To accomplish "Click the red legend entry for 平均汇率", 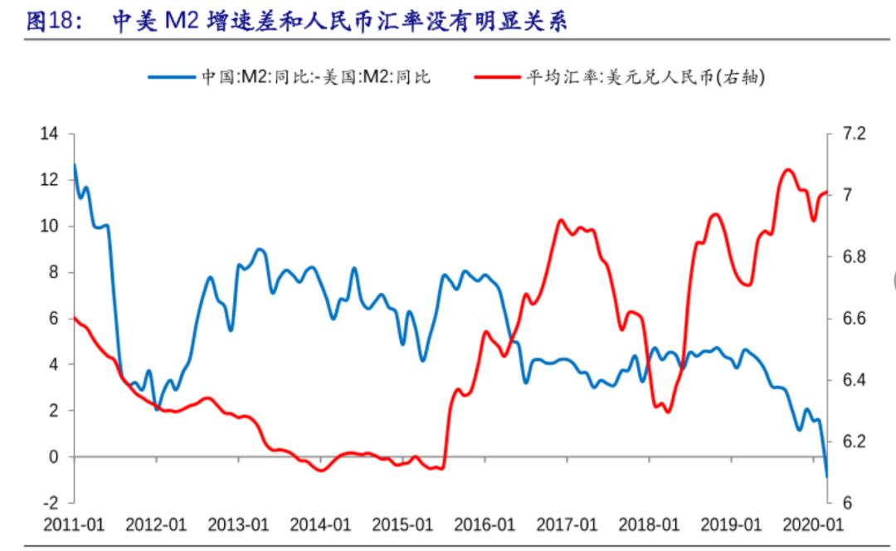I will coord(618,77).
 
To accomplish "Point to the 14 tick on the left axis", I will coord(51,134).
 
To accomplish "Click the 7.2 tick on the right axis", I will coord(854,134).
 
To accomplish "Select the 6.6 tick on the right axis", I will coord(854,319).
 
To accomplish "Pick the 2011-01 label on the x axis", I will coord(74,524).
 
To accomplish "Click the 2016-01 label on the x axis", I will coord(485,524).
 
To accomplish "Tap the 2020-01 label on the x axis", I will coord(813,524).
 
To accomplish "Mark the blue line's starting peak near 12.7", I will coord(75,164).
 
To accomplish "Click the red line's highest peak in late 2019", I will coord(787,169).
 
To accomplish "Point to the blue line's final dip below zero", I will coord(827,476).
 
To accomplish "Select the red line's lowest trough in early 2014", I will coord(321,471).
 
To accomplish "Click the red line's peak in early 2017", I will coord(561,220).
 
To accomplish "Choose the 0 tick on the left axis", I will coord(55,456).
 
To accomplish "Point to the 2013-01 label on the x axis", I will coord(238,524).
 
